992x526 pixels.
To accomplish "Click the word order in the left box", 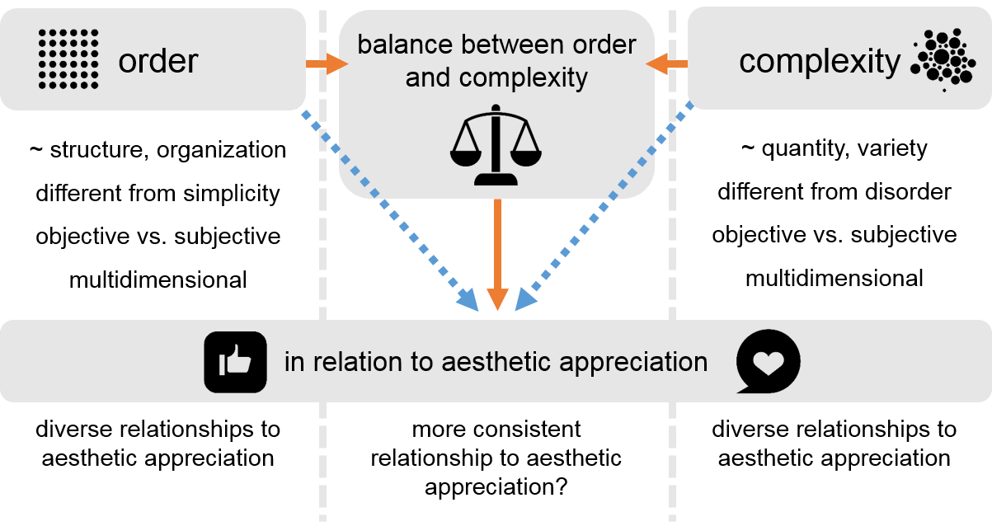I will pos(158,61).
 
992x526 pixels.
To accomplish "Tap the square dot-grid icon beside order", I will pos(68,59).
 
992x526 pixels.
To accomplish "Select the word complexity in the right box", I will pos(820,61).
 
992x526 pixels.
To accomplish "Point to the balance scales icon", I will pos(495,145).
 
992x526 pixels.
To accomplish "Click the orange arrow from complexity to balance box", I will pos(666,64).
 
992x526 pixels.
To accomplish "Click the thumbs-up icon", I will pos(235,361).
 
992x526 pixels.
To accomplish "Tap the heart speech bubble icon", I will pos(768,362).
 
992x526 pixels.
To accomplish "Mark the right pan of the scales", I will pos(526,151).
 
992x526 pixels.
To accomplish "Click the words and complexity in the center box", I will pos(496,77).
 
